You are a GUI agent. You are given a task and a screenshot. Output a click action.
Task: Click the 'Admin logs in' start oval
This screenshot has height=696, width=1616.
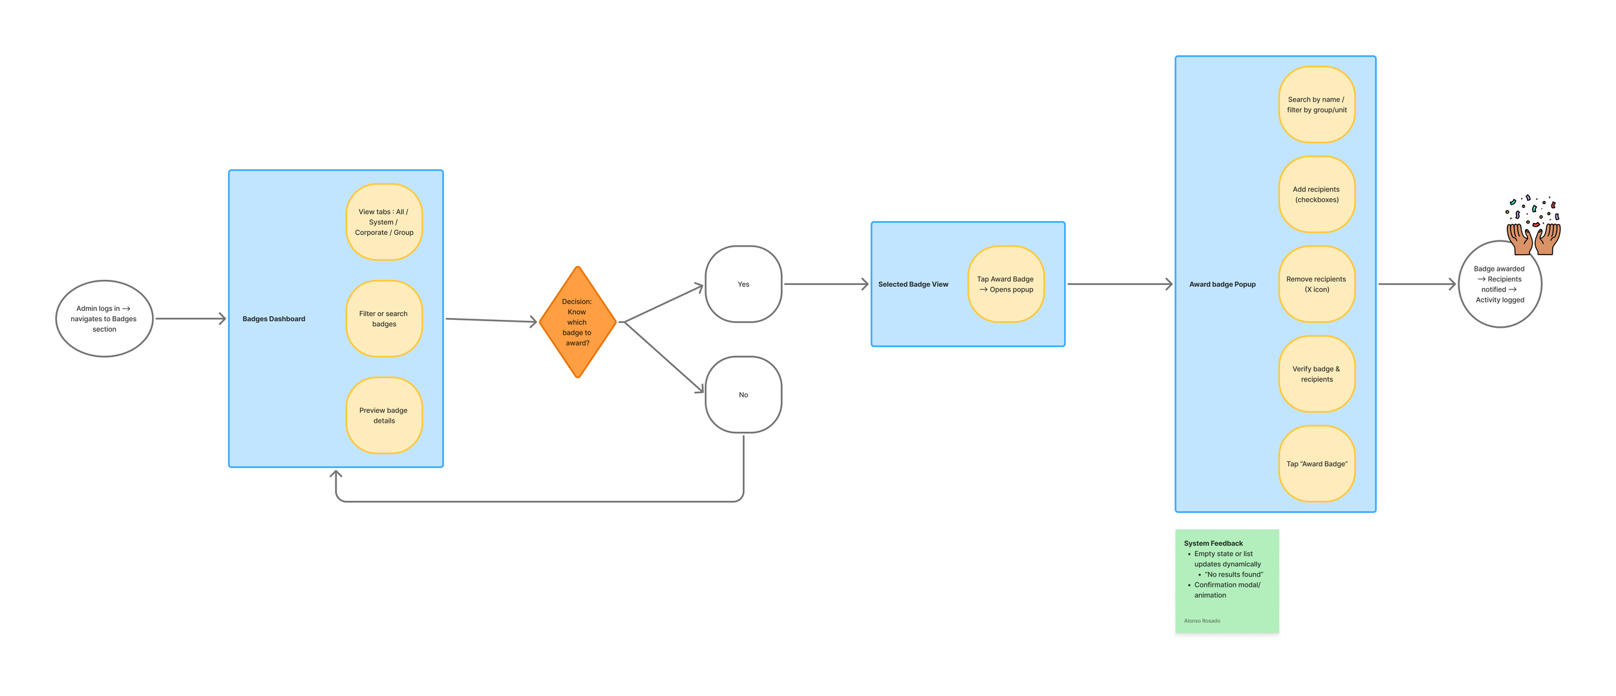point(104,319)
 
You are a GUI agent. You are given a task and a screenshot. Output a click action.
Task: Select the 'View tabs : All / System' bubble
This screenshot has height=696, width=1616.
point(384,222)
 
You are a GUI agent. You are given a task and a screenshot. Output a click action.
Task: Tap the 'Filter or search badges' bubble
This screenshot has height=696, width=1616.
point(384,319)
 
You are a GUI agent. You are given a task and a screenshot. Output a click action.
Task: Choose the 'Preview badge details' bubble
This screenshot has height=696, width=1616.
point(384,415)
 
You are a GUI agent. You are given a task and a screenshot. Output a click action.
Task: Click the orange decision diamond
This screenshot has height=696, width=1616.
point(577,322)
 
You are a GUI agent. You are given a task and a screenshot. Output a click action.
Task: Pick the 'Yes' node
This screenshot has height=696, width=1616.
point(743,284)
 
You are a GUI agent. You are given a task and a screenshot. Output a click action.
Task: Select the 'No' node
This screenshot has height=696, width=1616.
point(743,394)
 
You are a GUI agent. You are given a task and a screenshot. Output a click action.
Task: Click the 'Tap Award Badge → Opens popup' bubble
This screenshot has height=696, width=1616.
point(1006,284)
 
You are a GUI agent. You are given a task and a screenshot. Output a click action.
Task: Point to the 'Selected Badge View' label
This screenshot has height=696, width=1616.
point(913,284)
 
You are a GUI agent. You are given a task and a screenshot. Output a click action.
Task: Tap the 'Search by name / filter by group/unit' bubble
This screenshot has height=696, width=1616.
point(1317,104)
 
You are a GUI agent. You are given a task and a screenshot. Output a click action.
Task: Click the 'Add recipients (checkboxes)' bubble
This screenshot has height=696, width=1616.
point(1317,194)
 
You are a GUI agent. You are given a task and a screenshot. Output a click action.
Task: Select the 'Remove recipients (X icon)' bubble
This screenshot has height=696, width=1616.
point(1317,284)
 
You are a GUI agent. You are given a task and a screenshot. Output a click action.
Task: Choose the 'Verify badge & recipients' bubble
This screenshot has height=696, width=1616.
point(1317,374)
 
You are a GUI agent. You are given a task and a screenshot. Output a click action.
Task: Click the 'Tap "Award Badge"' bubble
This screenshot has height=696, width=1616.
point(1317,463)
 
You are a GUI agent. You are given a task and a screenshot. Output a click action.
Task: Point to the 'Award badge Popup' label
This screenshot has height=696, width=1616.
point(1222,284)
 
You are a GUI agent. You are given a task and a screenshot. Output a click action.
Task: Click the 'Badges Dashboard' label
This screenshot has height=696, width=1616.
point(273,319)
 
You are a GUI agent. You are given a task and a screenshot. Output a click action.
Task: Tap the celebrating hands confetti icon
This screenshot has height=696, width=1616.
point(1533,226)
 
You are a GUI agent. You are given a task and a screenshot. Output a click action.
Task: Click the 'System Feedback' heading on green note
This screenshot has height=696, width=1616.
point(1213,543)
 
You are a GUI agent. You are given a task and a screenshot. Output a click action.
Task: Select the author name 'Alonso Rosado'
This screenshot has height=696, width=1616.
point(1202,621)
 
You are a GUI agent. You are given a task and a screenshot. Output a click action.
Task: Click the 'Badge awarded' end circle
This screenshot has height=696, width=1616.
point(1500,284)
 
